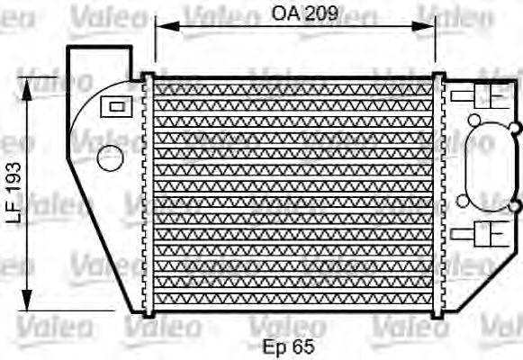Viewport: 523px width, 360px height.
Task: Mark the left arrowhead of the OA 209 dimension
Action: point(161,27)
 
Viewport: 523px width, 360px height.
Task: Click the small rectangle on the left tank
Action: point(114,106)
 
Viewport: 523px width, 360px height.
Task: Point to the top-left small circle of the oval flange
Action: point(473,119)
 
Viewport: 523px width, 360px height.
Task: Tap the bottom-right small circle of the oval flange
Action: point(514,207)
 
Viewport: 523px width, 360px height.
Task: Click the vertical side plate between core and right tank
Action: point(438,193)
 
